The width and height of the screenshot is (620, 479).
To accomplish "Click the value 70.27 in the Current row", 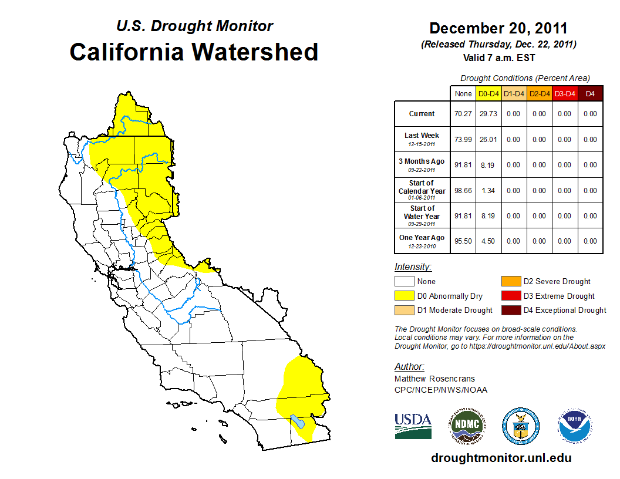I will pos(463,114).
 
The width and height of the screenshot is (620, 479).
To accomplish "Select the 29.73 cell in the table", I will pos(488,114).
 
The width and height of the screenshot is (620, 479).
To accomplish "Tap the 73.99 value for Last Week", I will pos(463,140).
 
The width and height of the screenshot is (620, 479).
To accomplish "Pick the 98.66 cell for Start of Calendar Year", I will pos(463,191).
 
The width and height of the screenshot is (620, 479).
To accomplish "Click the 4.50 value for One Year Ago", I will pos(488,241).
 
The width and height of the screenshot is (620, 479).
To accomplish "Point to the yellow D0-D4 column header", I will pos(488,93).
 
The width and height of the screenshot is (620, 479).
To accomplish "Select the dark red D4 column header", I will pos(589,93).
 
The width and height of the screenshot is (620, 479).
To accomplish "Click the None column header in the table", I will pos(463,93).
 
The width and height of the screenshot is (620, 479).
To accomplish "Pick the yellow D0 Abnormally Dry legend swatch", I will pos(403,296).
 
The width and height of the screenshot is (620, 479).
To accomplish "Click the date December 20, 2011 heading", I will pos(498,28).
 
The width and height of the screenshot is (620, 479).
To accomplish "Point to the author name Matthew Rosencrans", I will pos(434,379).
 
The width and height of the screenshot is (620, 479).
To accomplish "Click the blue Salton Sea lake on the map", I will pos(298,422).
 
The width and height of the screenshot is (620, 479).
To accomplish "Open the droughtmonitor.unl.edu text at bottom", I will pos(501,458).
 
